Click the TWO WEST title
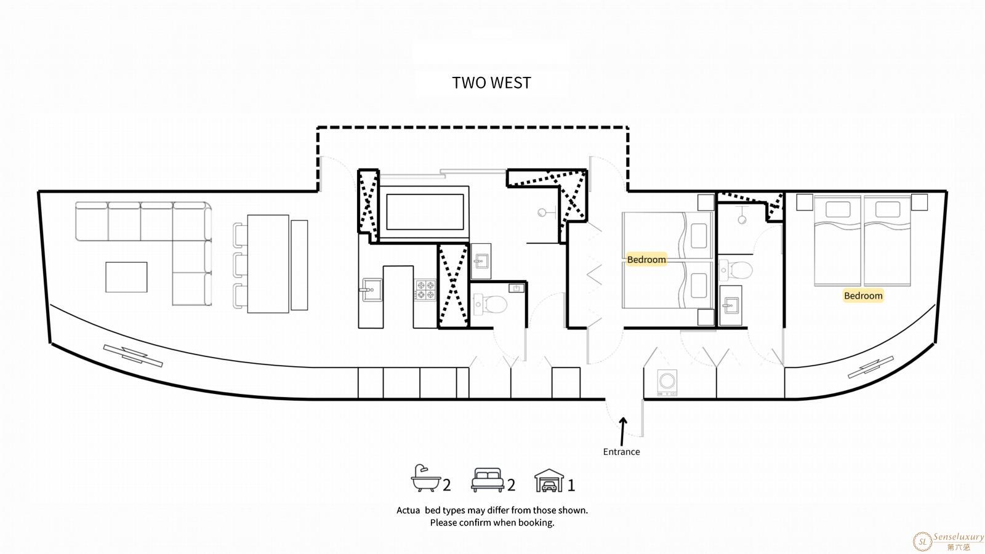492,82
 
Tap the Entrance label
621,452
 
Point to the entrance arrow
622,432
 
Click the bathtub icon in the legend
425,478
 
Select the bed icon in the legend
488,480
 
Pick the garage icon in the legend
549,480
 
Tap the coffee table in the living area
126,277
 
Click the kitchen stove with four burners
425,290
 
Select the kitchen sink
371,290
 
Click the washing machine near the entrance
667,382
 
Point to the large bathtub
425,212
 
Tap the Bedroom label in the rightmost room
863,296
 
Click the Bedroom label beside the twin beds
646,260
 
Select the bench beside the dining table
299,265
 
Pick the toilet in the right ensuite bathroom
736,270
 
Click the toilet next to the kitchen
489,304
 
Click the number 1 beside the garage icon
571,486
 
